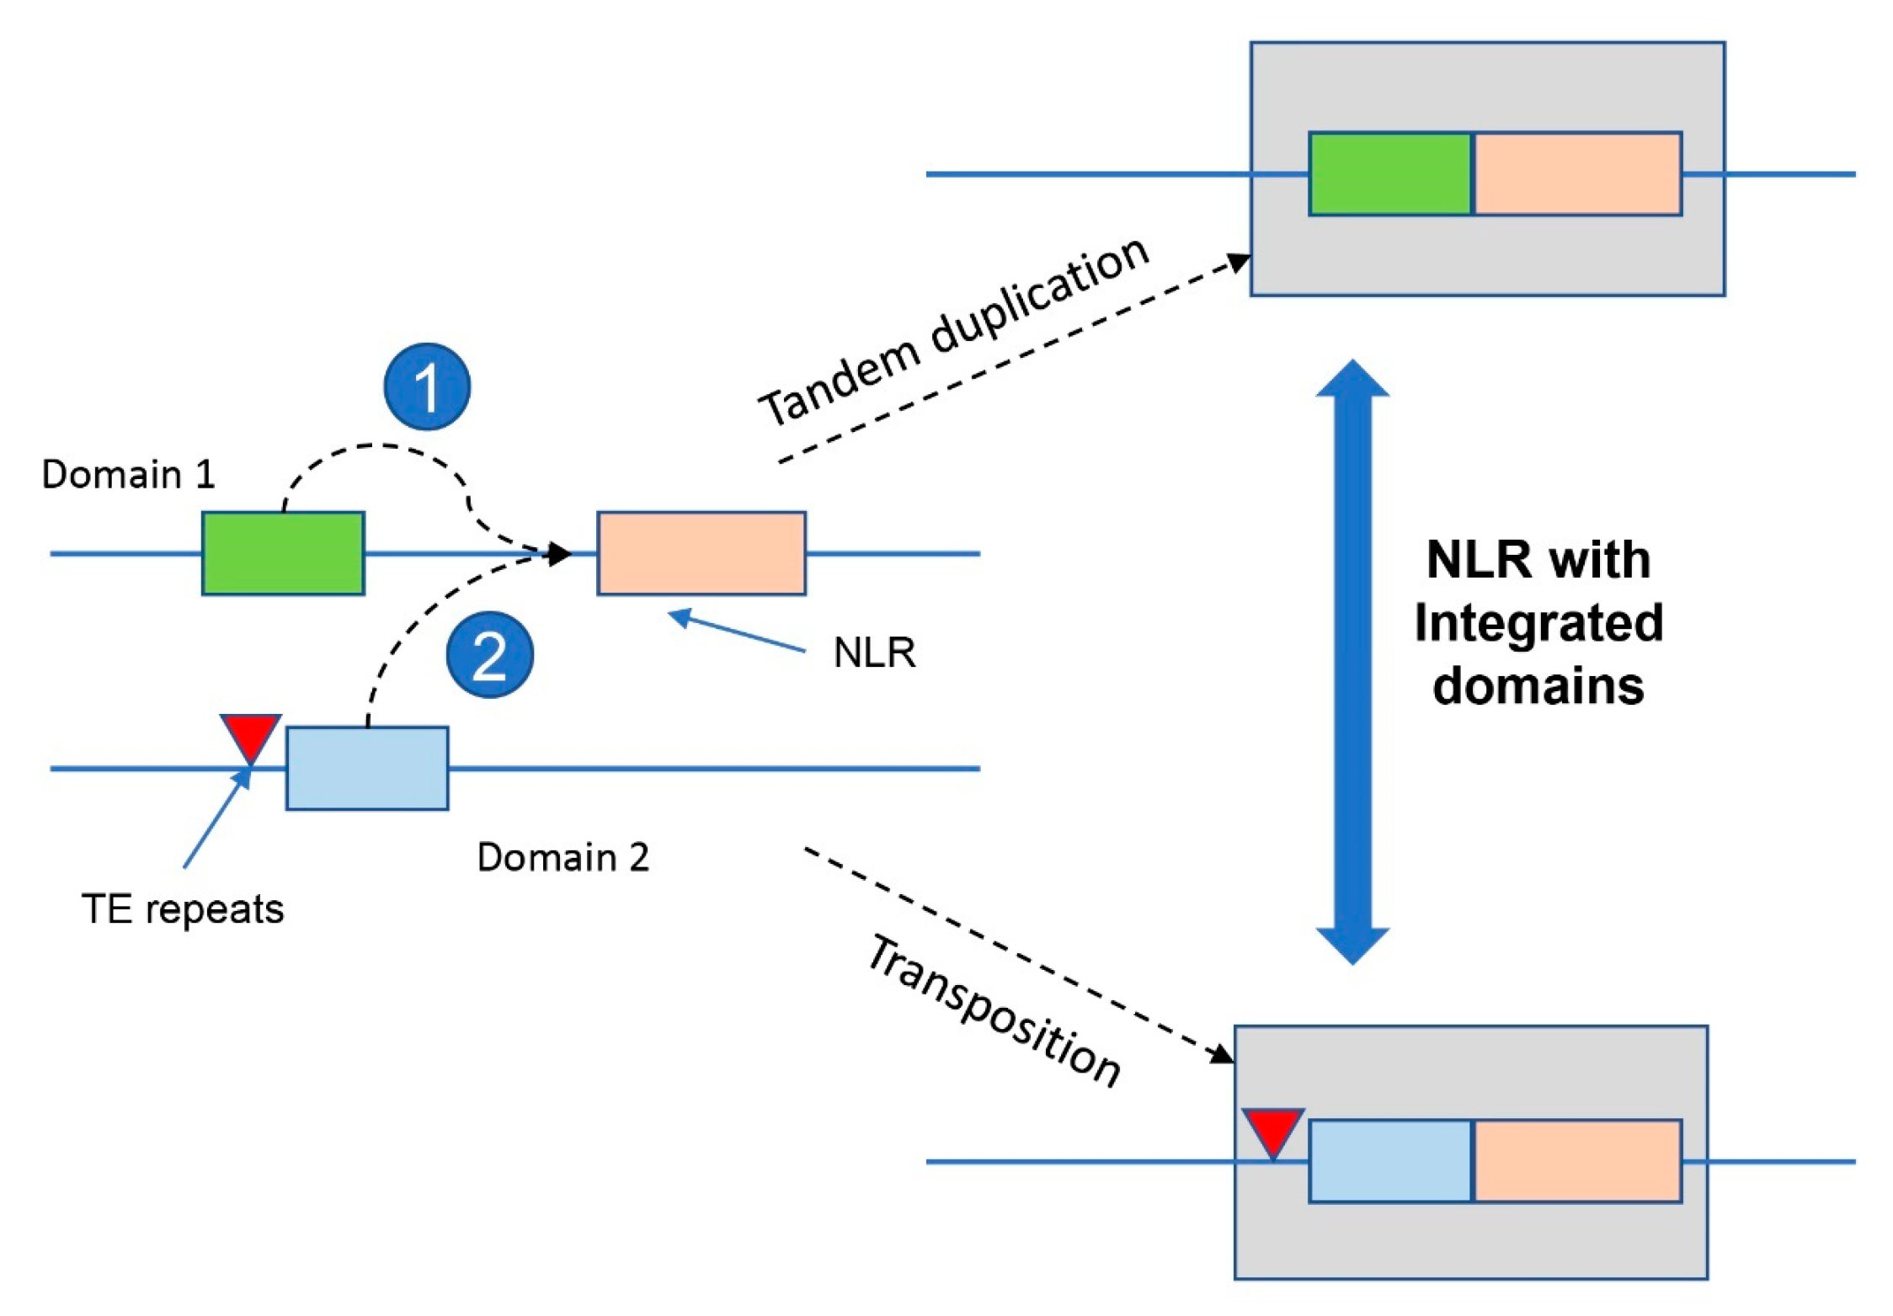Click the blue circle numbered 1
pyautogui.click(x=427, y=386)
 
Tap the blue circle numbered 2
pyautogui.click(x=489, y=654)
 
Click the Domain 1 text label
pyautogui.click(x=128, y=474)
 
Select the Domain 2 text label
pyautogui.click(x=563, y=857)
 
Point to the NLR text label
pyautogui.click(x=874, y=653)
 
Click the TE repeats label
pyautogui.click(x=183, y=909)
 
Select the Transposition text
pyautogui.click(x=994, y=1010)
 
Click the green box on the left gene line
pyautogui.click(x=283, y=553)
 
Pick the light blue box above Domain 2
pyautogui.click(x=367, y=768)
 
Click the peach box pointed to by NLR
pyautogui.click(x=701, y=553)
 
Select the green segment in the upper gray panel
pyautogui.click(x=1389, y=173)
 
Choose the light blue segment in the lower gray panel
pyautogui.click(x=1389, y=1160)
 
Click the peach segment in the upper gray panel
pyautogui.click(x=1577, y=173)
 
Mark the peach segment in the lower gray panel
pyautogui.click(x=1577, y=1160)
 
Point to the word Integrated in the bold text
pyautogui.click(x=1538, y=623)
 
